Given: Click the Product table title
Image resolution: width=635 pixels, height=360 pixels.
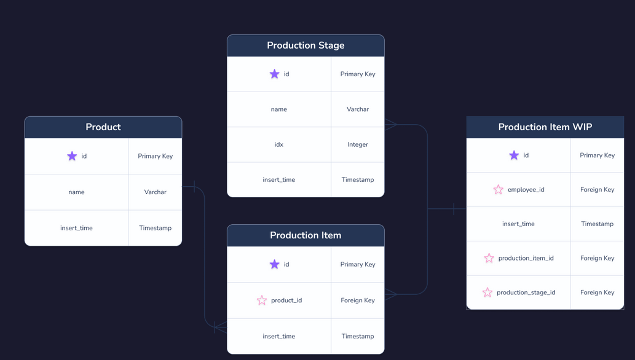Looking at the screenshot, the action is click(x=103, y=127).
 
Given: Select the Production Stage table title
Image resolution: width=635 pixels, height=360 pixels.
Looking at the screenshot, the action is click(x=306, y=45).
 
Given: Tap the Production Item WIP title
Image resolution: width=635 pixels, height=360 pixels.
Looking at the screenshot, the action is click(x=545, y=127).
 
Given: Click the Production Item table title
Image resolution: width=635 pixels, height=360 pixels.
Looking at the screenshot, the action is click(x=306, y=235).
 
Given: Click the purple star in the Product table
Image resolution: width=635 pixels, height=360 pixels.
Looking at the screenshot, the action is click(x=72, y=156).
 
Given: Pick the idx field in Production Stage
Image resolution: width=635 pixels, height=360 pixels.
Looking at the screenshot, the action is click(x=278, y=144).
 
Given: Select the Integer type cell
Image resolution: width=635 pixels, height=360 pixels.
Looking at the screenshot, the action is click(x=358, y=144).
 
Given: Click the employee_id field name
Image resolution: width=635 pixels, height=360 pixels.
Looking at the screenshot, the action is click(x=526, y=190).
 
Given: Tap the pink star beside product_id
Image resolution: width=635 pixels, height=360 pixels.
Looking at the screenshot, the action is click(x=262, y=300).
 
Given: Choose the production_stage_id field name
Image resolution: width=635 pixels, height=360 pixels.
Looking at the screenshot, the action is click(x=526, y=292).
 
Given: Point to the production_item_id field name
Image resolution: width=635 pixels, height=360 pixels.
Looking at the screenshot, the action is click(x=526, y=258).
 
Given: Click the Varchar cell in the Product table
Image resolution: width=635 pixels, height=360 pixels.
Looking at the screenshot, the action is click(x=155, y=192).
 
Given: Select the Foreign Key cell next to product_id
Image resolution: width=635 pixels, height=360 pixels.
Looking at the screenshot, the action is click(x=358, y=300).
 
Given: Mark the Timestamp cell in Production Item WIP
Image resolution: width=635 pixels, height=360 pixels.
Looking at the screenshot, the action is click(x=597, y=224).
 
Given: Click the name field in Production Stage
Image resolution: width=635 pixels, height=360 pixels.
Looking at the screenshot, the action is click(x=278, y=109).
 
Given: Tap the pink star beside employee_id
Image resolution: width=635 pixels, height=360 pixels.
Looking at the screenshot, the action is click(x=499, y=190).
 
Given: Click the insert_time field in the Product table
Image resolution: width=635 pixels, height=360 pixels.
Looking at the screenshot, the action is click(x=76, y=228).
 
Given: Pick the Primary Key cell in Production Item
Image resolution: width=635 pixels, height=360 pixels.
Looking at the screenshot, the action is click(x=358, y=264).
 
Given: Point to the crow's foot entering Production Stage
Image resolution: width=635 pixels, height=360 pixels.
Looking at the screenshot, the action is click(x=391, y=125).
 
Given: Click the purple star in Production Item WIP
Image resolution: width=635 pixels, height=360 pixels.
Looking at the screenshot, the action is click(x=514, y=155).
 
